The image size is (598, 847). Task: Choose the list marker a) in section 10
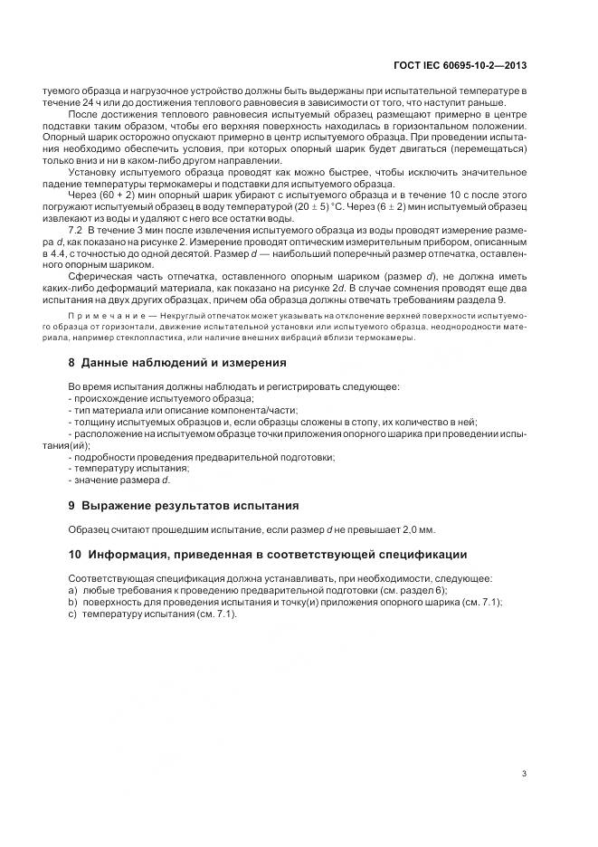point(73,589)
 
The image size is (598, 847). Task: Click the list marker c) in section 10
point(73,614)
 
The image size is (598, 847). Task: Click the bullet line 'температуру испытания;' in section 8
point(130,468)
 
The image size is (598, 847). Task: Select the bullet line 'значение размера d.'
point(122,480)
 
